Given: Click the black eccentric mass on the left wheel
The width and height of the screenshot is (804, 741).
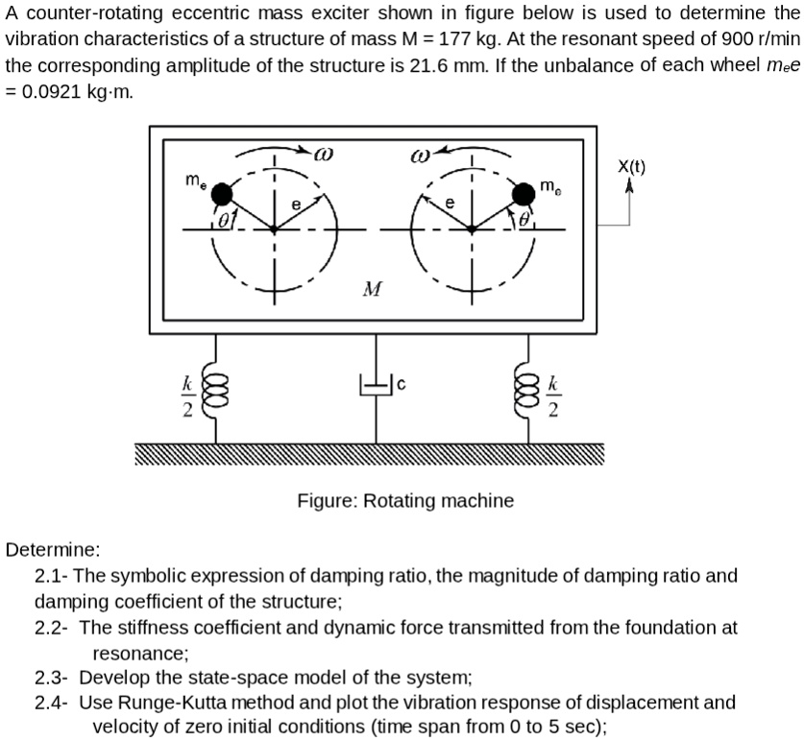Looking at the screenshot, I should point(222,195).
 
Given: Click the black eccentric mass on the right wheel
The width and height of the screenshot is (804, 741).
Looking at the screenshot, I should point(524,195).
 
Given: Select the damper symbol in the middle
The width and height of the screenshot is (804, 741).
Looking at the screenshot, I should point(374,386).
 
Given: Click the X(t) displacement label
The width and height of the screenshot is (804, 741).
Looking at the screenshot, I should point(631,165).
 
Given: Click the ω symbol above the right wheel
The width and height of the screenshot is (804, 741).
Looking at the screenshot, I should point(420,153).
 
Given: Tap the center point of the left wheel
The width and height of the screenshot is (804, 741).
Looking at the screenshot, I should point(275,229).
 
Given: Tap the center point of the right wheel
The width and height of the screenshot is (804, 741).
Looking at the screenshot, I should point(471,229).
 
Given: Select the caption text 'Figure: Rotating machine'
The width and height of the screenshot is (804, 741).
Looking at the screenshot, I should point(404,500).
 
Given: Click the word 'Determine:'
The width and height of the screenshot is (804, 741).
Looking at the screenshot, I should point(53,550).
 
